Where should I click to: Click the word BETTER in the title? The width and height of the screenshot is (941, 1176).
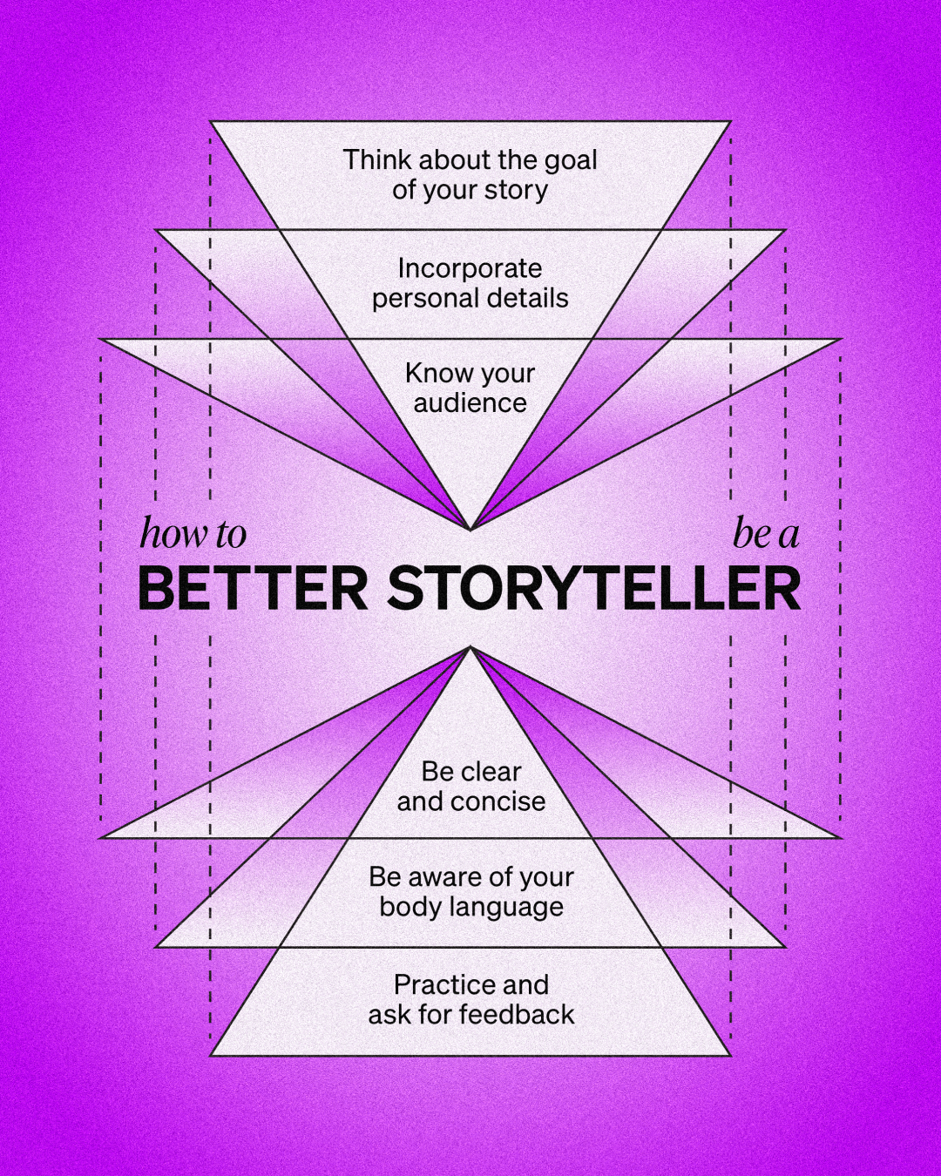pos(253,589)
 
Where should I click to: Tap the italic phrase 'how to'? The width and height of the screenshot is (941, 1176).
pos(193,534)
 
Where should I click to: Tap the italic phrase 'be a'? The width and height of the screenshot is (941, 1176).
pos(766,534)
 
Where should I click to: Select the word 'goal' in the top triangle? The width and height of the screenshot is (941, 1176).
pos(571,160)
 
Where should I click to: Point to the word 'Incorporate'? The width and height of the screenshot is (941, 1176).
pos(470,268)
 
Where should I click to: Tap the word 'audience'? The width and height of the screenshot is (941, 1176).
pos(470,403)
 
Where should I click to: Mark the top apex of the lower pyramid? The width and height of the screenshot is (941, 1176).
pos(470,647)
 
